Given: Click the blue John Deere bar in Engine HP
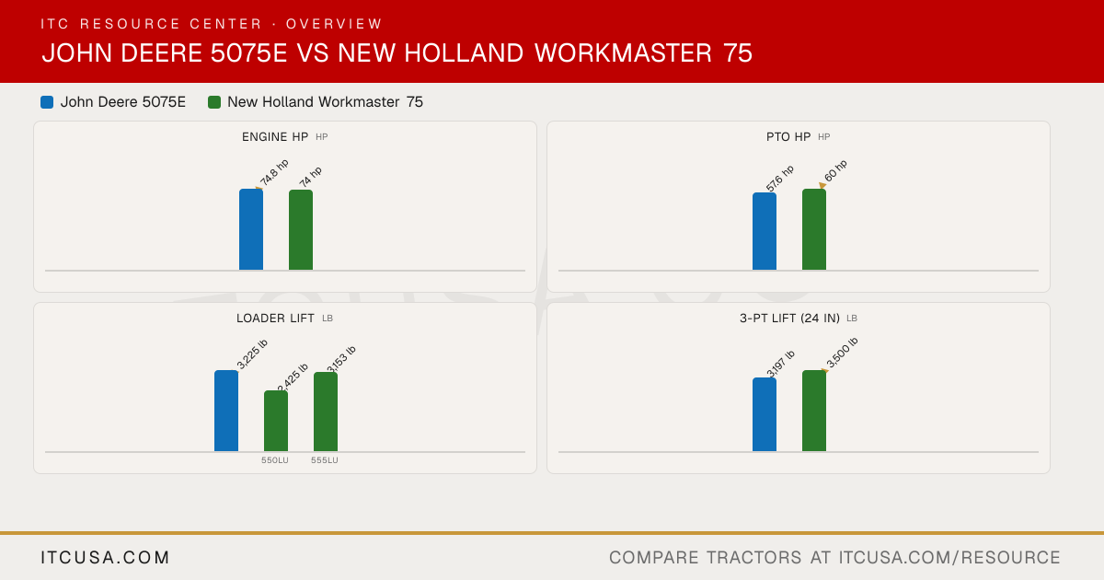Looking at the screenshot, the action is pyautogui.click(x=251, y=229).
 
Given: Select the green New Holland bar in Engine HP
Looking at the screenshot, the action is pyautogui.click(x=301, y=230).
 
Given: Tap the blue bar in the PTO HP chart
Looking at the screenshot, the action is pyautogui.click(x=765, y=231).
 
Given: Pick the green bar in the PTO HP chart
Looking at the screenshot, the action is pyautogui.click(x=814, y=229).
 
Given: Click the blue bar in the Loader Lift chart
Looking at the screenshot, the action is pyautogui.click(x=226, y=411).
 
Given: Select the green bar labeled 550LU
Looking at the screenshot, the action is pyautogui.click(x=276, y=422).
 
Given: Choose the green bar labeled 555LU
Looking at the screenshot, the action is pyautogui.click(x=326, y=412).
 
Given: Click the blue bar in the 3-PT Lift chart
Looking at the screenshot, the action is pyautogui.click(x=765, y=414).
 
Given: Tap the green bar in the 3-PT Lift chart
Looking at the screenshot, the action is pyautogui.click(x=814, y=411).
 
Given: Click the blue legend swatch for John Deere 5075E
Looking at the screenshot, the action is pyautogui.click(x=47, y=102).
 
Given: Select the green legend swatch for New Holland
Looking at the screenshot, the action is pyautogui.click(x=213, y=102).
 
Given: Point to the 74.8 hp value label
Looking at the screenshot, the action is pyautogui.click(x=274, y=173).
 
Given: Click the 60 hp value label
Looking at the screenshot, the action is pyautogui.click(x=835, y=170).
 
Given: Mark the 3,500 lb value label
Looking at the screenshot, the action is pyautogui.click(x=842, y=353).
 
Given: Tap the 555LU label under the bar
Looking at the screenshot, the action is pyautogui.click(x=324, y=460).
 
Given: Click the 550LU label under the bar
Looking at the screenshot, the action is pyautogui.click(x=275, y=460).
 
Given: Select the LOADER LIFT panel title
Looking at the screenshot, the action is pyautogui.click(x=275, y=319).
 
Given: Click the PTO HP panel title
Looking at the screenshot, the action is pyautogui.click(x=788, y=136).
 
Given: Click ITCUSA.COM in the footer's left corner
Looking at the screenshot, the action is pyautogui.click(x=105, y=557).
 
